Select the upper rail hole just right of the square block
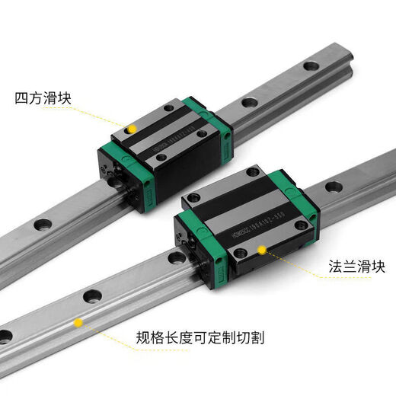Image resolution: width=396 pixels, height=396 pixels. pos(247,103)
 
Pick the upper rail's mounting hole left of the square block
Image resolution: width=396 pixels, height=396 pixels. pos(42,225)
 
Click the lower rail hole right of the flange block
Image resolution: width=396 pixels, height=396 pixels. pos(333,187)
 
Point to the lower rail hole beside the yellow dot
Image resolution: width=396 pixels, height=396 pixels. pos(94,295)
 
